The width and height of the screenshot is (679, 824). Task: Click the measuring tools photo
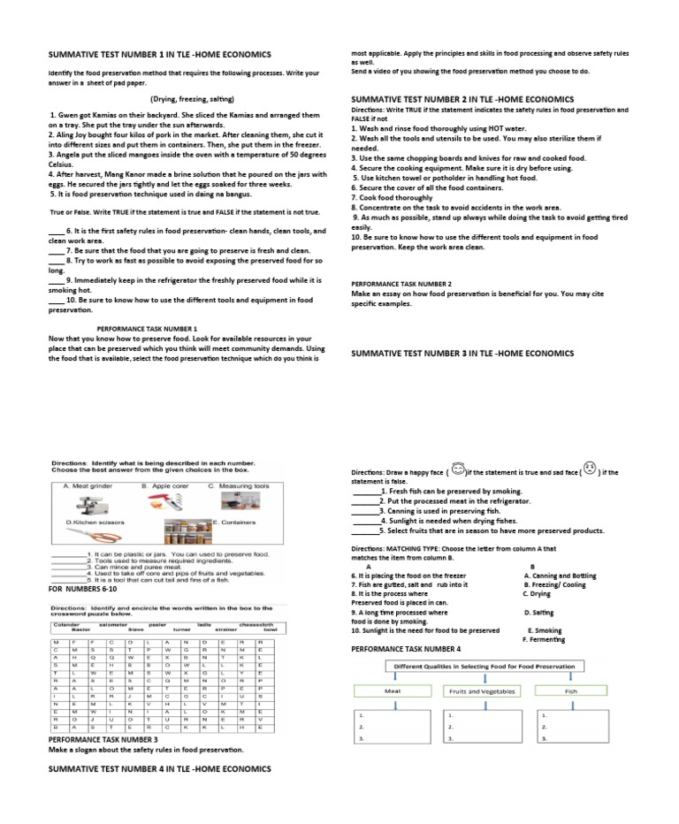point(243,504)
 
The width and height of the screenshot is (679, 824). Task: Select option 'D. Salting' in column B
point(538,612)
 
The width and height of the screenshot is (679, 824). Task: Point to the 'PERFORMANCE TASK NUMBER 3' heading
point(103,738)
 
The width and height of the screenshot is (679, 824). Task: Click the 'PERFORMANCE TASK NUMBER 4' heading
point(406,648)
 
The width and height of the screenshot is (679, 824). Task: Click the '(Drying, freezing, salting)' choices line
point(192,99)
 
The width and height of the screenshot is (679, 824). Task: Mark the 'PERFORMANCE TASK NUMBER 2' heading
point(401,284)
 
